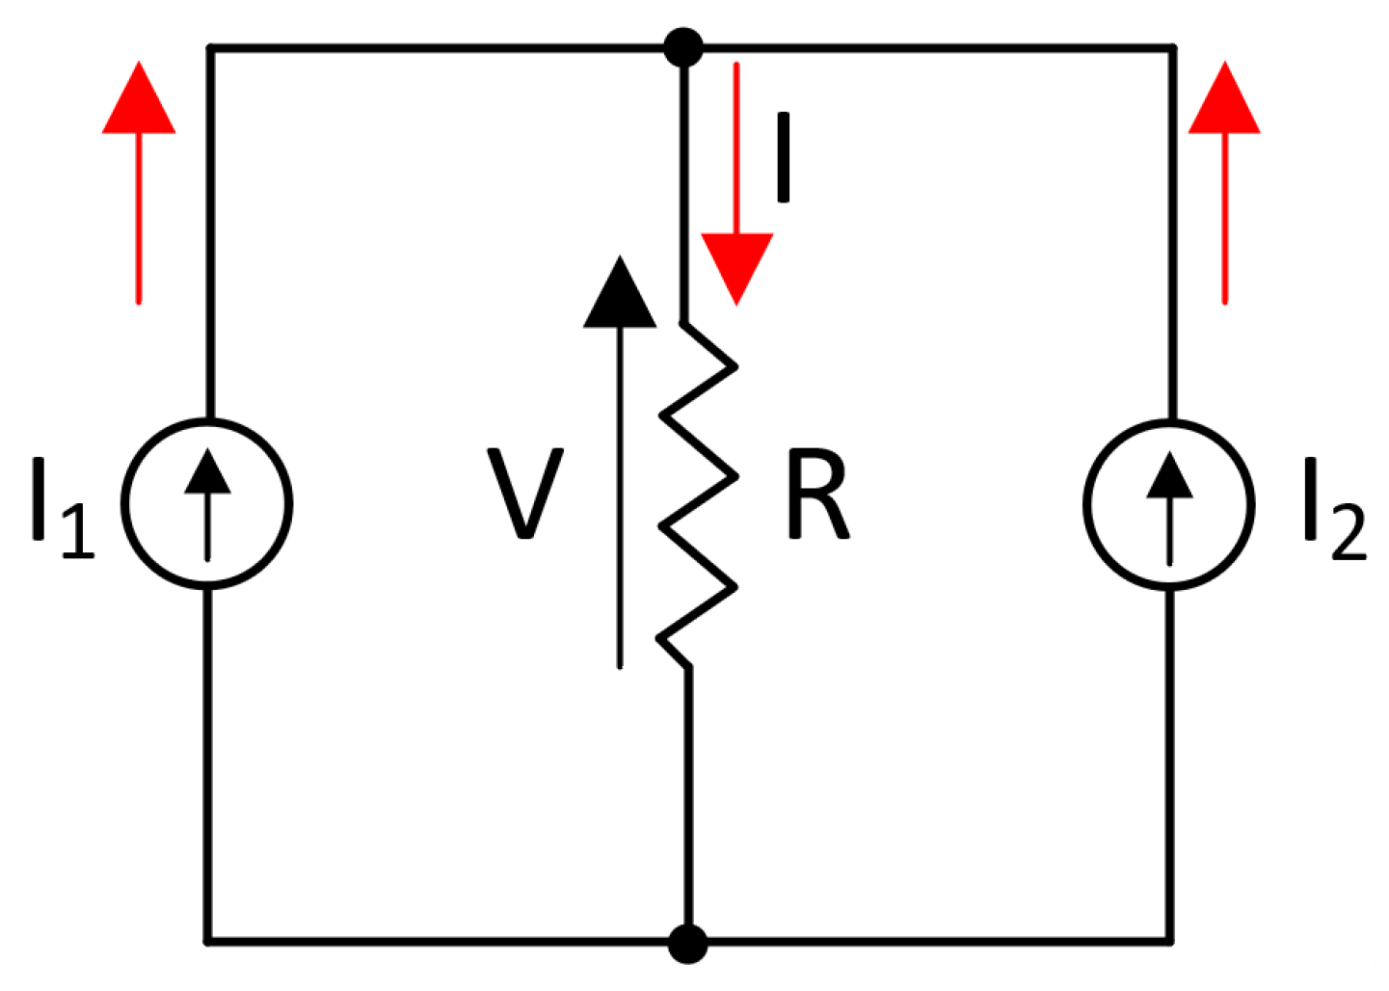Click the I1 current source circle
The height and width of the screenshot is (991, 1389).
206,503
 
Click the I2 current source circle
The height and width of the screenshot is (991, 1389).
1169,503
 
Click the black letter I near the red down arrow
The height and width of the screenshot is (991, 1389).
785,159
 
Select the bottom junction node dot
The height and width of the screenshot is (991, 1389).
688,943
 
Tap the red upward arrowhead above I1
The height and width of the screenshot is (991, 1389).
139,98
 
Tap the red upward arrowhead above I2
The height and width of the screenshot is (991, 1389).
1224,98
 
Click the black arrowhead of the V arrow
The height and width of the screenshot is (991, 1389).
619,293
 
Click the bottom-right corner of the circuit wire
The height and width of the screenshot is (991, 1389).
1171,939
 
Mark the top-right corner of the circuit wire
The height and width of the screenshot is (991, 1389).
1171,47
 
